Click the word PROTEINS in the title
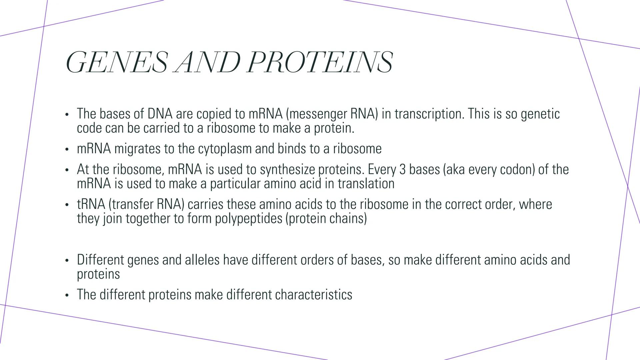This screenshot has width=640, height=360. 320,62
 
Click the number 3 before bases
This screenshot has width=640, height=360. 403,169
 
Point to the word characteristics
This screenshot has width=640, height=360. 314,295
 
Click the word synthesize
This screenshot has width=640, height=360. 287,169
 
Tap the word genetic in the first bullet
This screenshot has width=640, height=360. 540,114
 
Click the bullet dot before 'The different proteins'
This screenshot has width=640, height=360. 67,295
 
